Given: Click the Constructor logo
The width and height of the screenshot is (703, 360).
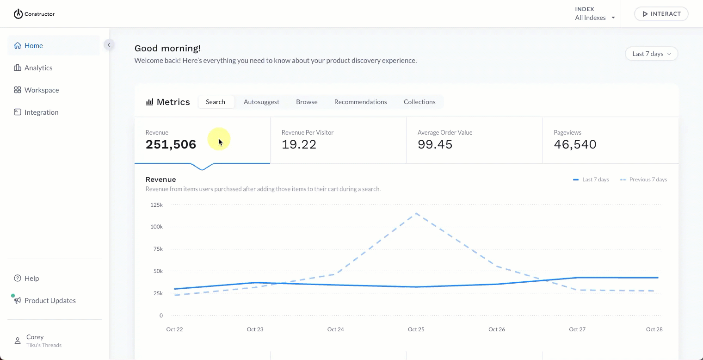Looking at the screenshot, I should coord(34,14).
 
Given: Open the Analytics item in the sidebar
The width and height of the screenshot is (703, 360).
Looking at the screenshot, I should coord(38,68).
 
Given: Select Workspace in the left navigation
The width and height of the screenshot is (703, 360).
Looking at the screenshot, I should coord(42,90).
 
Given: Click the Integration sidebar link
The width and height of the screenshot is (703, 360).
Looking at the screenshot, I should coord(41,112).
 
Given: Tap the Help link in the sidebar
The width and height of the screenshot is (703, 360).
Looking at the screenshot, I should coord(31,279).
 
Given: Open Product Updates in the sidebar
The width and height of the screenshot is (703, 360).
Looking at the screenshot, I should coord(50,301).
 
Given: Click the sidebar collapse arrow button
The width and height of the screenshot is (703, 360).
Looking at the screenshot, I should coord(109,45).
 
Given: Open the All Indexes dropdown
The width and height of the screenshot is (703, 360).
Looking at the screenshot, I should coord(595,18).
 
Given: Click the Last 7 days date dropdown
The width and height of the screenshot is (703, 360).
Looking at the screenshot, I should coord(651,54).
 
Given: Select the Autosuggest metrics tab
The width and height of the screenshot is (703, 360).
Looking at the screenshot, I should coord(261,102).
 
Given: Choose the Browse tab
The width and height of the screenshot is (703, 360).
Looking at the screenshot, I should coord(307,102).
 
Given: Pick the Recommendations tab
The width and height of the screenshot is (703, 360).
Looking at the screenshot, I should coord(360,102).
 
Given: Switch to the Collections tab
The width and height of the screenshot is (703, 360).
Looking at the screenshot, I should coord(419,102).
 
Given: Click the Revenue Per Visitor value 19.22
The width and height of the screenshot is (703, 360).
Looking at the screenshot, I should coord(299,144).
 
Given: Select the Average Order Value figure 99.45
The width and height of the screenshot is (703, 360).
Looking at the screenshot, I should coord(435,144).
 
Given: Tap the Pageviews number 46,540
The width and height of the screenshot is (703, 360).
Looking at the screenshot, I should coord(575,144).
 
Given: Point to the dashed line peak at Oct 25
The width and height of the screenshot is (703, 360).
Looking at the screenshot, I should coord(416,213).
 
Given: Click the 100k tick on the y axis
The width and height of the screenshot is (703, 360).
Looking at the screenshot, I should coord(156,227).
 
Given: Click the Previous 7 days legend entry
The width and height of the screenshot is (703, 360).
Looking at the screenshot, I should coord(647,180).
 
